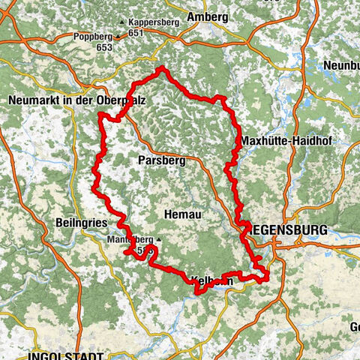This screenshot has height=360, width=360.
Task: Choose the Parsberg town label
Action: [158, 160]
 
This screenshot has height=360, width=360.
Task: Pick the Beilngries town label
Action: [82, 223]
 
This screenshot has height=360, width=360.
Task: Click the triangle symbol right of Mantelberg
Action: [158, 240]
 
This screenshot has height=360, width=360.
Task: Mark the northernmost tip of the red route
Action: [161, 68]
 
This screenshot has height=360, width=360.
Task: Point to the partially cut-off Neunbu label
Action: [341, 66]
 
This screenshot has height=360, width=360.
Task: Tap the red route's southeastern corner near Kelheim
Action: [267, 279]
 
